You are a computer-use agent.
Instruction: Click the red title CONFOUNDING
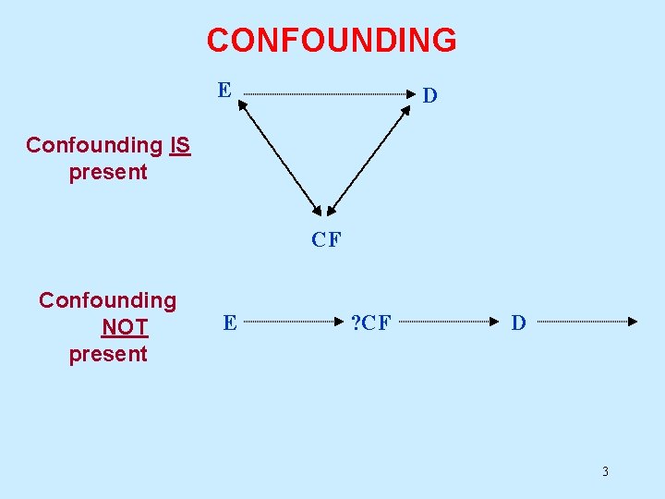click(x=332, y=41)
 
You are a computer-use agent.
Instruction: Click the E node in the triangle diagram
click(x=224, y=90)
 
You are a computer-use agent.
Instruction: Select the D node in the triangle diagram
click(x=429, y=95)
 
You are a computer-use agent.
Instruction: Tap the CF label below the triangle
click(x=326, y=240)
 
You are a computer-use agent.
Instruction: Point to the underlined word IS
click(x=180, y=145)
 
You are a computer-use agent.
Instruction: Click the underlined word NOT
click(x=125, y=327)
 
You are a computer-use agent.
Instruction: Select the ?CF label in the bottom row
click(x=371, y=323)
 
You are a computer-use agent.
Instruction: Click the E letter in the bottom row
click(x=230, y=323)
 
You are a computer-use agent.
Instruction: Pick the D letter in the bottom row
click(x=518, y=323)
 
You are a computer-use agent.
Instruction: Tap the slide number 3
click(x=605, y=472)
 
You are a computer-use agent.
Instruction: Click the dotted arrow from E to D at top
click(x=328, y=93)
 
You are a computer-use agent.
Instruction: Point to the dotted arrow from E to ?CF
click(x=291, y=323)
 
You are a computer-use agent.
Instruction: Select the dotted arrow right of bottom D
click(x=586, y=322)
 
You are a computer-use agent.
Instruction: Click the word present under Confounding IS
click(x=108, y=172)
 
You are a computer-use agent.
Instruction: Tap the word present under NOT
click(x=108, y=354)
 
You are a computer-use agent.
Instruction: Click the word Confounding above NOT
click(x=107, y=300)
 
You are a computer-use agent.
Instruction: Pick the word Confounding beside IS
click(x=93, y=145)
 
